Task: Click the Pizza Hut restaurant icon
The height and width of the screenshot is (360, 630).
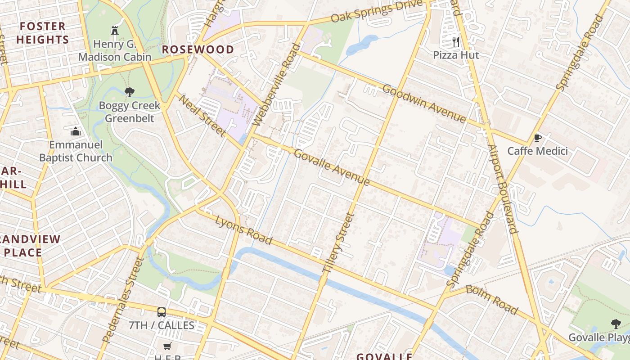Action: (x=456, y=42)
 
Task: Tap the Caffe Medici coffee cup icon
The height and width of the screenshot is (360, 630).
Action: (x=537, y=138)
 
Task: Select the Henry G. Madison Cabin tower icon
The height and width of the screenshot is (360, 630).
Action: (x=114, y=31)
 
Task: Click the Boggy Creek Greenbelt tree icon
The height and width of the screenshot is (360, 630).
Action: (x=130, y=92)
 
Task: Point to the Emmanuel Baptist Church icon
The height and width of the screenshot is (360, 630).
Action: (x=76, y=131)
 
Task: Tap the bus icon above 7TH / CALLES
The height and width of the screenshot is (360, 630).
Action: (x=161, y=312)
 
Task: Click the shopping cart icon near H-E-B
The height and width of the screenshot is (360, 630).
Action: (x=167, y=346)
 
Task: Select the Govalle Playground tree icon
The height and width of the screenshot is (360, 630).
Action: (x=616, y=324)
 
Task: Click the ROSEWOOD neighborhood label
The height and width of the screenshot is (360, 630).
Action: (x=198, y=49)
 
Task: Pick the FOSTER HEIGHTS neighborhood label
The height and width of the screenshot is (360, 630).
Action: (x=43, y=33)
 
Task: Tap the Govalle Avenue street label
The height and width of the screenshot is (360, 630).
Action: (x=332, y=167)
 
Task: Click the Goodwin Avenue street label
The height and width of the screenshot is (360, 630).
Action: (x=424, y=103)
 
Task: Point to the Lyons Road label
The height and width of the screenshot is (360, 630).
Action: (x=243, y=230)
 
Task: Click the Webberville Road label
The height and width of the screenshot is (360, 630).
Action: (x=276, y=85)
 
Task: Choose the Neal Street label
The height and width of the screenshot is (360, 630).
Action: (x=202, y=115)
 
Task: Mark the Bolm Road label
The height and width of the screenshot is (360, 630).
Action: (x=491, y=300)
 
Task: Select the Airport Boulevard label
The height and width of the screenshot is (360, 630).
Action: (x=503, y=189)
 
